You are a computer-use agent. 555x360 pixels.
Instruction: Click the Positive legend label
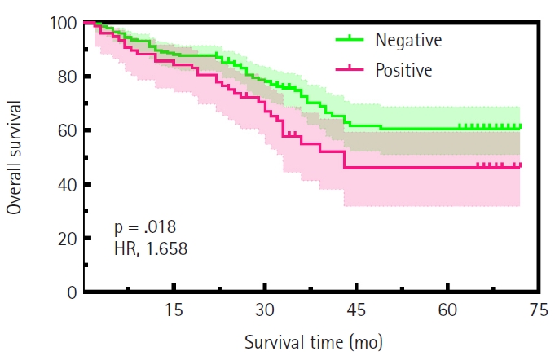click(x=404, y=71)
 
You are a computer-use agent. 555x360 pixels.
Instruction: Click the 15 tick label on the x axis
click(x=173, y=311)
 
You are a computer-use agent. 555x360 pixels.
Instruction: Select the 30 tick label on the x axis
click(x=264, y=311)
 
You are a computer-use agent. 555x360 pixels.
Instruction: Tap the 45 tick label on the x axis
click(x=355, y=311)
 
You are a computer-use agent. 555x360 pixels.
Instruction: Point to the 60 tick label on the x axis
click(x=447, y=311)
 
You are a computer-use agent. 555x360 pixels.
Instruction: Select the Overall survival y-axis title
click(x=15, y=157)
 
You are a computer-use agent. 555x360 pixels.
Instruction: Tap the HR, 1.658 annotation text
click(x=151, y=249)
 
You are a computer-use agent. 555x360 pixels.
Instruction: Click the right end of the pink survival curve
click(x=520, y=165)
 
